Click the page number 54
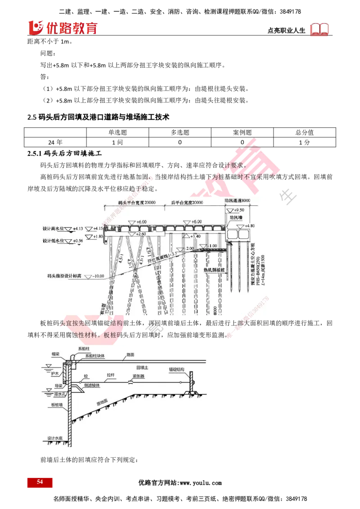coord(40,482)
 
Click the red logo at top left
coord(63,28)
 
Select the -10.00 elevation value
coord(99,276)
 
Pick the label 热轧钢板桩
coord(214,270)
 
